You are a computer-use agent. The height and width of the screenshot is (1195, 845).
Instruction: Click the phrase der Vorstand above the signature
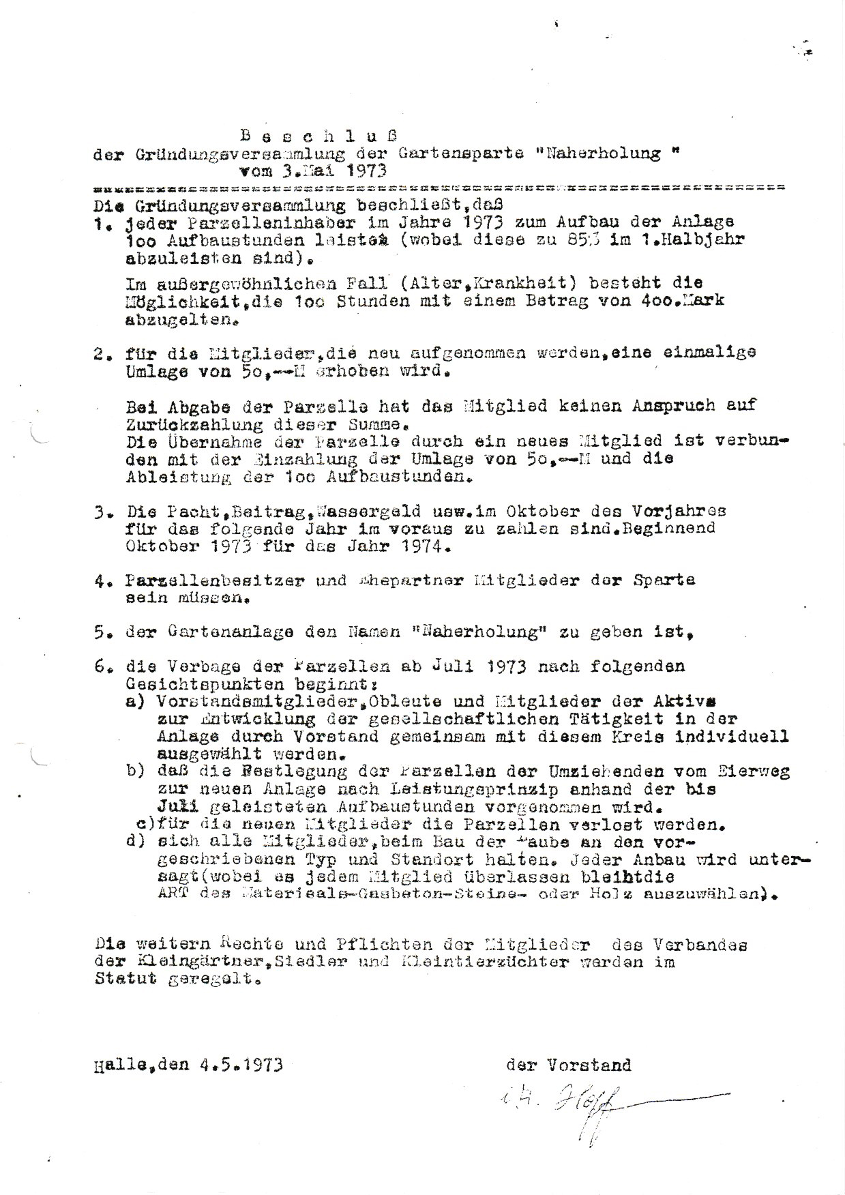tap(568, 1065)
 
